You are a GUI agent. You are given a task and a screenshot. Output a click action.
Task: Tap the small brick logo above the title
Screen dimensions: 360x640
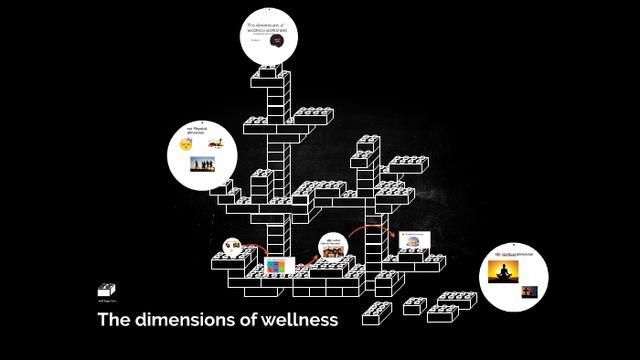point(106,291)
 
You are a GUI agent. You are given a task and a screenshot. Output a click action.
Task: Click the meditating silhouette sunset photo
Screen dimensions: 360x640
point(503,271)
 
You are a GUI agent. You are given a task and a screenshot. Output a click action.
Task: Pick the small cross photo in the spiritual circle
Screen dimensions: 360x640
point(528,291)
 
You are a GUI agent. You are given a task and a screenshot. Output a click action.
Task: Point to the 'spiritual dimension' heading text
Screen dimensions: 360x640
point(513,253)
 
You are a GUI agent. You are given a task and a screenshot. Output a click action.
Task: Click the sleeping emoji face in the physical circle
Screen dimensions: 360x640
point(186,144)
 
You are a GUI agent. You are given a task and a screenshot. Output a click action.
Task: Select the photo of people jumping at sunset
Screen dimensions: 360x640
point(201,164)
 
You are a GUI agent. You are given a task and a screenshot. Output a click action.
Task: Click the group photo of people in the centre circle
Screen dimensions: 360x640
point(333,251)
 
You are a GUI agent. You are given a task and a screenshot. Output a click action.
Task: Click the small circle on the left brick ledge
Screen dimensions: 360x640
point(232,246)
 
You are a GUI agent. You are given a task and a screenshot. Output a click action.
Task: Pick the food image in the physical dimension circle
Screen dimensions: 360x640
point(215,143)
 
